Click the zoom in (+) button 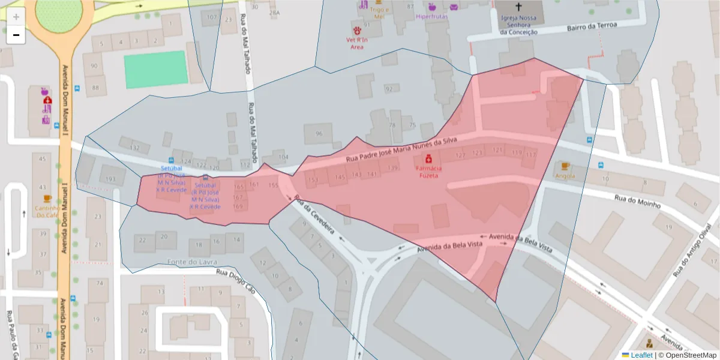(x=16, y=17)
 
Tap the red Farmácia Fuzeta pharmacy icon (x=429, y=159)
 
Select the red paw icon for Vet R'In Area (x=357, y=29)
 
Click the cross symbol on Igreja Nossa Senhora (x=518, y=8)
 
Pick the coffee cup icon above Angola (x=564, y=166)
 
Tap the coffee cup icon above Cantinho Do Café (x=47, y=199)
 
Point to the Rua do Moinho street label (x=637, y=201)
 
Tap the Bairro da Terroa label (x=592, y=26)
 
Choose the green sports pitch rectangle (x=156, y=70)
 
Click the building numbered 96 (x=318, y=134)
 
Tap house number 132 (x=136, y=148)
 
